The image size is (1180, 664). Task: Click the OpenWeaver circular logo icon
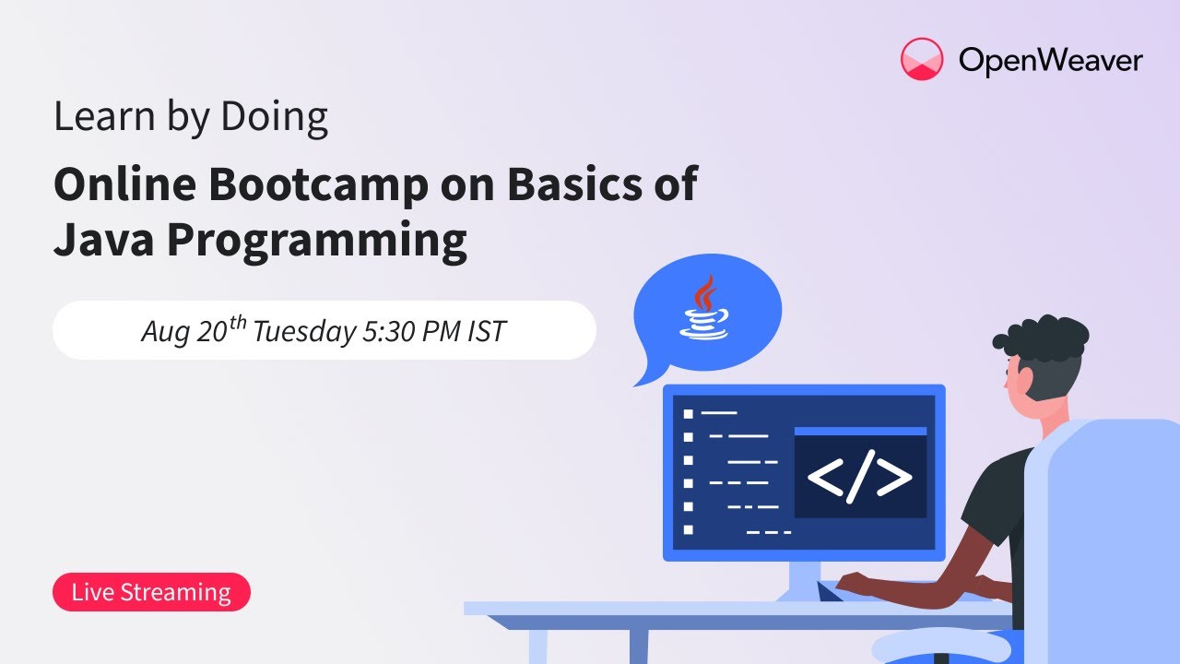point(922,59)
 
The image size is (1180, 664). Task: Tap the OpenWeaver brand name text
point(1050,61)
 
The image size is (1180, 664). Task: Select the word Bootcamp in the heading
point(318,184)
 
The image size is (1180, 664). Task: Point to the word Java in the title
point(104,239)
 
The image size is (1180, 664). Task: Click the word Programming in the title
point(317,243)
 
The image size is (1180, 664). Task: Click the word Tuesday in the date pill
point(304,333)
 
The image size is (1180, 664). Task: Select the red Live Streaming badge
point(151,592)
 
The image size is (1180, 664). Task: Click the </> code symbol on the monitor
point(860,477)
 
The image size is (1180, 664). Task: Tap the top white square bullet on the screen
point(688,414)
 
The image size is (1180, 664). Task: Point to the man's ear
point(1023,378)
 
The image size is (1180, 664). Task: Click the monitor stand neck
point(804,580)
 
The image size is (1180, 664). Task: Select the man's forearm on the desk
point(906,589)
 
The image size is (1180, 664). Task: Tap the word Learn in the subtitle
point(104,116)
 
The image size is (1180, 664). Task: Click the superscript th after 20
point(238,322)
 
